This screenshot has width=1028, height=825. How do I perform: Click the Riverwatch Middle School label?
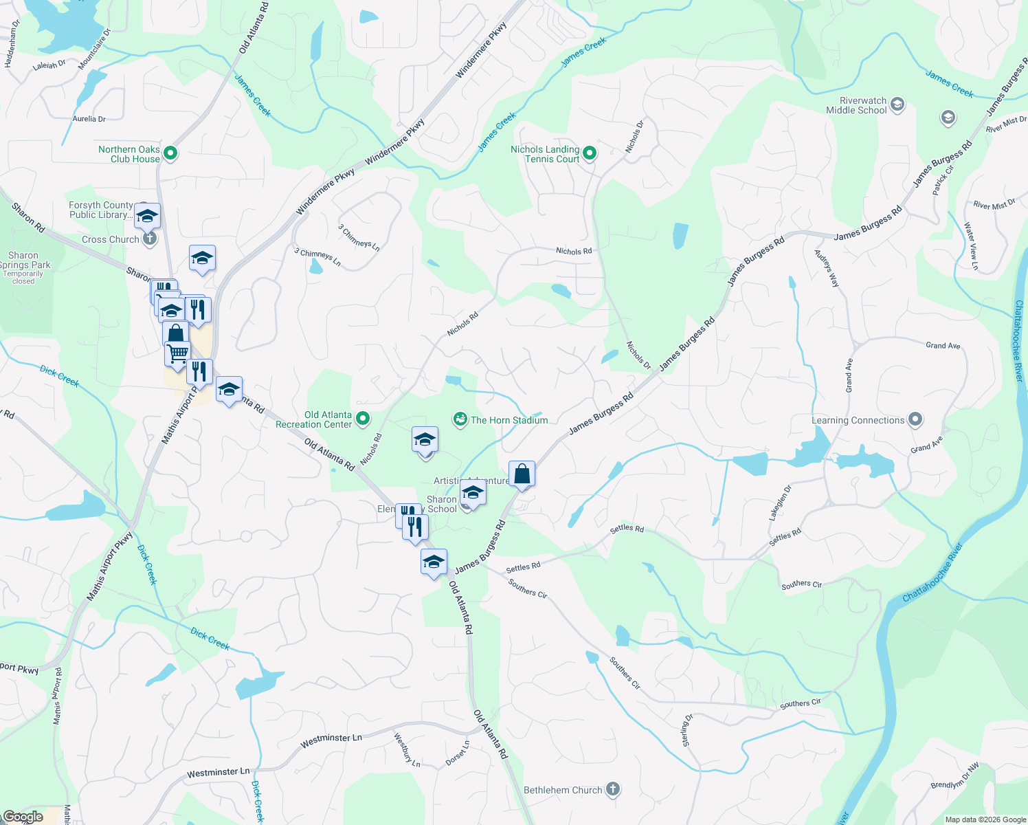click(x=856, y=105)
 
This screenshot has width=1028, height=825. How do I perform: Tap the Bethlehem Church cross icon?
click(x=613, y=789)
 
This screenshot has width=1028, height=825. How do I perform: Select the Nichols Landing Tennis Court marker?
click(x=590, y=153)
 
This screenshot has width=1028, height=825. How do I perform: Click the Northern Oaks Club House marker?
click(x=170, y=153)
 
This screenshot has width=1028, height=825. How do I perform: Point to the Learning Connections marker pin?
click(x=915, y=419)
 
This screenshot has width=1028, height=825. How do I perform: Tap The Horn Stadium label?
click(x=509, y=420)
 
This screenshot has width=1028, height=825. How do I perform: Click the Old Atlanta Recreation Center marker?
click(x=364, y=418)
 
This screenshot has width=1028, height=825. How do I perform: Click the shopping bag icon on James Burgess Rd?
click(x=522, y=474)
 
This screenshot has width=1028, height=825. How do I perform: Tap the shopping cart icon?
click(x=177, y=353)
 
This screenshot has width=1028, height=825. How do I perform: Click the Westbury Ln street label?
click(x=407, y=749)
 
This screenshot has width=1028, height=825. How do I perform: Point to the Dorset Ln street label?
click(x=458, y=753)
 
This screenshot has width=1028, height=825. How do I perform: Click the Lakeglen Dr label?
click(x=780, y=503)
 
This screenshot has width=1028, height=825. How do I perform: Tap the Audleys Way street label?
click(x=827, y=267)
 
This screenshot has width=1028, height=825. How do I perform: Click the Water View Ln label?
click(x=970, y=245)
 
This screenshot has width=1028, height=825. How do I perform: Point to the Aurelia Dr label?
click(x=89, y=119)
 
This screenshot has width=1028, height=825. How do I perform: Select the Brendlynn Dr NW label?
click(x=955, y=777)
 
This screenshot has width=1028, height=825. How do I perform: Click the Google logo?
click(x=23, y=817)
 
